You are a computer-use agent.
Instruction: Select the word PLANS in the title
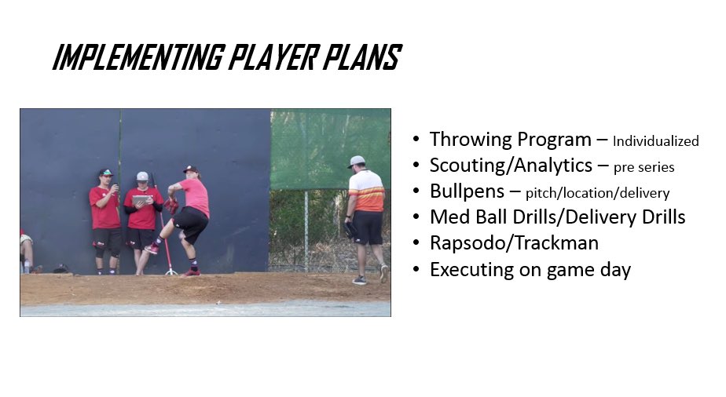(x=362, y=58)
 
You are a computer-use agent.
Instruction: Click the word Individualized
(x=655, y=142)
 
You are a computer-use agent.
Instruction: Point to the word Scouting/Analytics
(x=511, y=166)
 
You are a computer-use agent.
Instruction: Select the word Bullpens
(x=467, y=191)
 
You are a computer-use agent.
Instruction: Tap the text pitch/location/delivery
(x=597, y=193)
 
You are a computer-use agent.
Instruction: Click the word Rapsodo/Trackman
(x=514, y=243)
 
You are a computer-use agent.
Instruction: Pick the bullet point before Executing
(x=416, y=270)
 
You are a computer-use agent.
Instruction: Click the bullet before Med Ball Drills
(x=416, y=217)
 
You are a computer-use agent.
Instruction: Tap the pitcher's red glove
(x=170, y=206)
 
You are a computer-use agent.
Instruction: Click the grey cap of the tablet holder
(x=142, y=177)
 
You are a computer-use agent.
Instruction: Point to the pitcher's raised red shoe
(x=152, y=249)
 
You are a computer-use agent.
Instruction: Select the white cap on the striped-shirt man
(x=357, y=161)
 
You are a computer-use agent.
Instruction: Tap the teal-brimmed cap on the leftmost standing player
(x=105, y=173)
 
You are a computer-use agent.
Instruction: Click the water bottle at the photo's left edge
(x=27, y=267)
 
